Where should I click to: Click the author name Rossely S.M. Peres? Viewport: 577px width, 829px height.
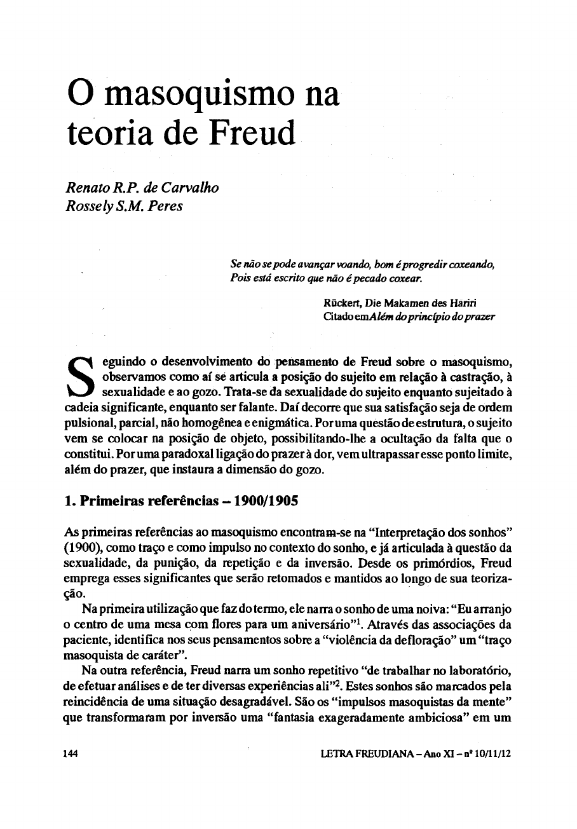[124, 206]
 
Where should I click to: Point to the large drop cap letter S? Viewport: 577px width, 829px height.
[81, 378]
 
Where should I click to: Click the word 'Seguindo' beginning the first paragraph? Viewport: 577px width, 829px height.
[114, 363]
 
